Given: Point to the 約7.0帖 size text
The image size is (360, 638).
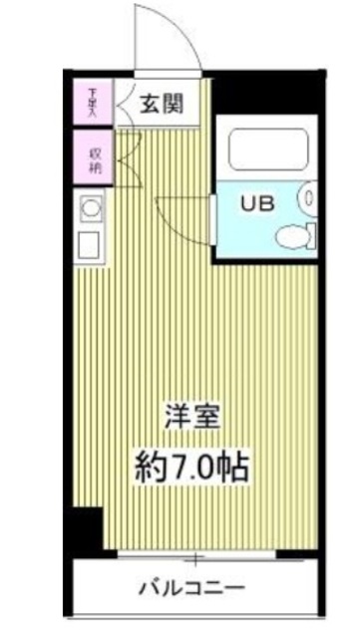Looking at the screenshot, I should (x=192, y=464).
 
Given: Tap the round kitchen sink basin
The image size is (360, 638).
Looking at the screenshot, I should (x=90, y=209).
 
